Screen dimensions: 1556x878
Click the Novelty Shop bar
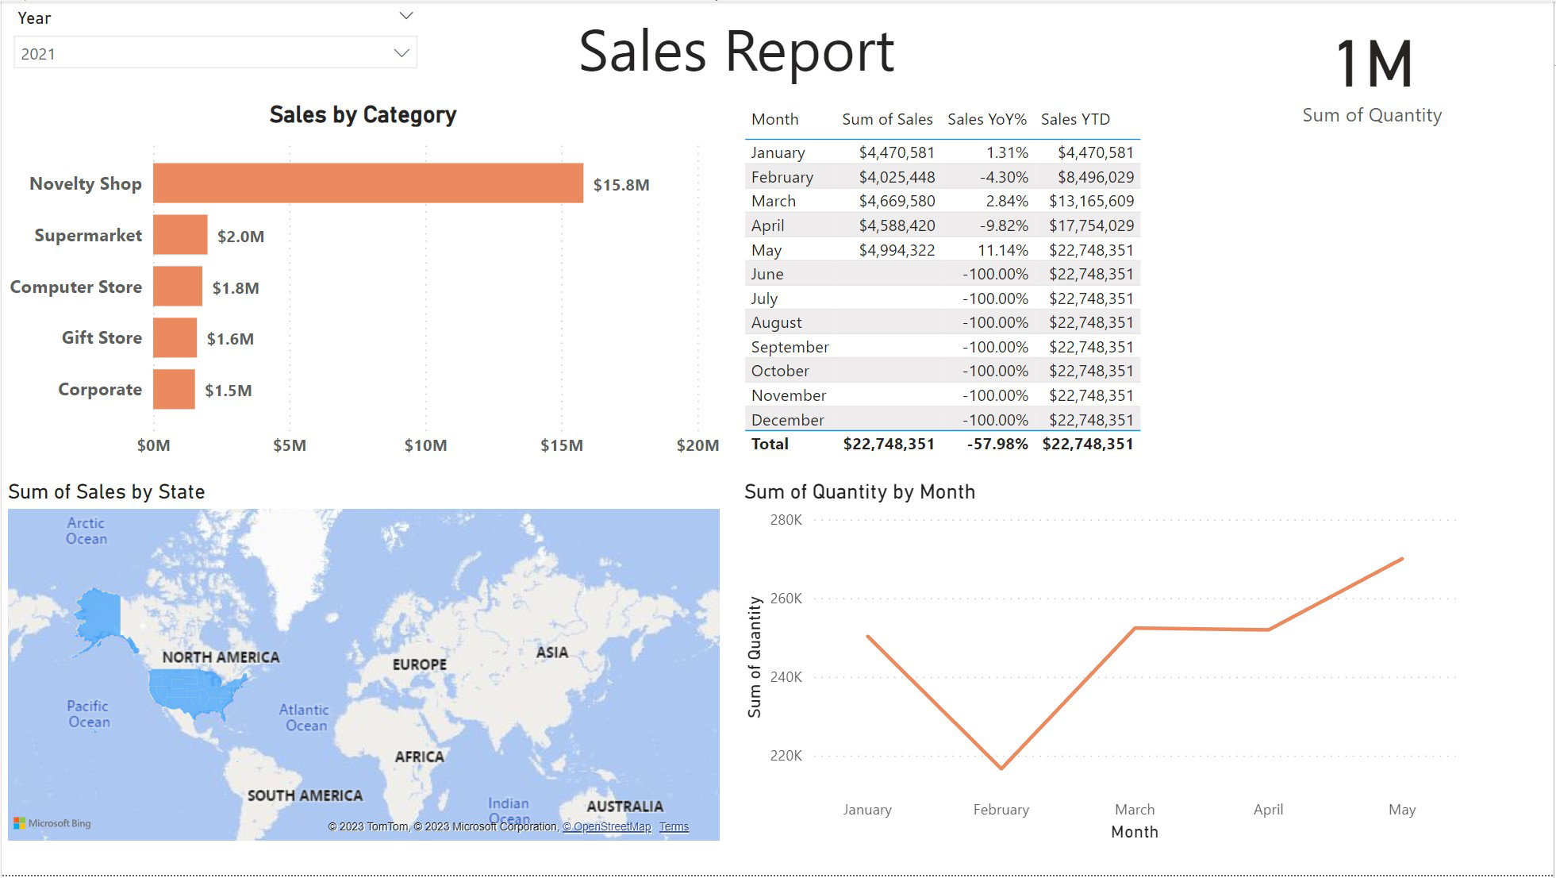click(368, 183)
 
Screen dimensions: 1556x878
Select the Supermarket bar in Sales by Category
click(180, 235)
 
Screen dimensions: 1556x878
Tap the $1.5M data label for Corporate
click(229, 391)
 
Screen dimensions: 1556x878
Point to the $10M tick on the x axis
click(425, 445)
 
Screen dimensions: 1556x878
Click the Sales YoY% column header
click(987, 119)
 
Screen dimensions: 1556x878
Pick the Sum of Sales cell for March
click(897, 202)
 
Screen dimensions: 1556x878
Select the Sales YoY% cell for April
click(1004, 225)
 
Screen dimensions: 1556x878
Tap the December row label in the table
click(787, 420)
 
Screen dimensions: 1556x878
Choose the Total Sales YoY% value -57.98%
click(997, 444)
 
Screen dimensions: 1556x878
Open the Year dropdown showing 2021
click(215, 53)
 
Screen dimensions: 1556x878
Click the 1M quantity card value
click(1374, 64)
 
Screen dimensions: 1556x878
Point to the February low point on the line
click(1001, 768)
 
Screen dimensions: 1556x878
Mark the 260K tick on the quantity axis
click(786, 599)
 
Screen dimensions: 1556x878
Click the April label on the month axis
click(1268, 810)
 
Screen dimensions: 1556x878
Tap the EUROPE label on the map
click(420, 664)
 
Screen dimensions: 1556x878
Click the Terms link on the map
click(674, 826)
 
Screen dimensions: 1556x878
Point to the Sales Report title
click(736, 52)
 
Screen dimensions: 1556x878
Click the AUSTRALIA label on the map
click(624, 807)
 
